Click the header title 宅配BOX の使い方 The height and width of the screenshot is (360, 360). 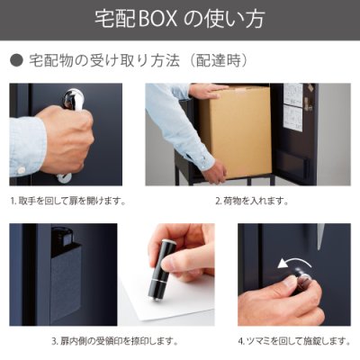[180, 19]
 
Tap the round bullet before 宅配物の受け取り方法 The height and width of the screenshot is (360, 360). [15, 60]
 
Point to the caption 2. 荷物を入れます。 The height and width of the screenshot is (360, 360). [247, 202]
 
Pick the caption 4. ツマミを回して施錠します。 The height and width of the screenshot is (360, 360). [292, 341]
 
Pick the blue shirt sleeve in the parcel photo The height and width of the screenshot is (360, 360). [171, 126]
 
